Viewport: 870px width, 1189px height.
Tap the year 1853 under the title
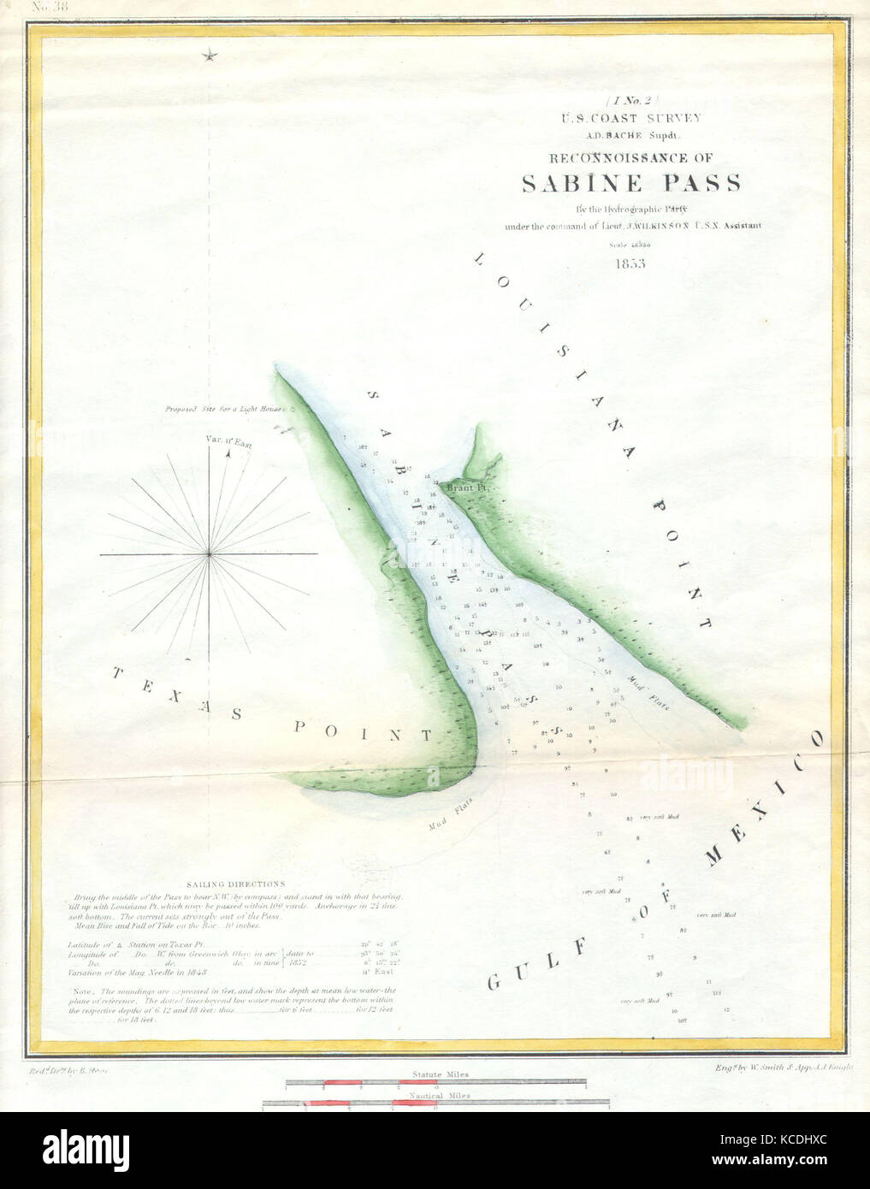(629, 263)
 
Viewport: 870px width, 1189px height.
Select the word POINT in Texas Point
(364, 731)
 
